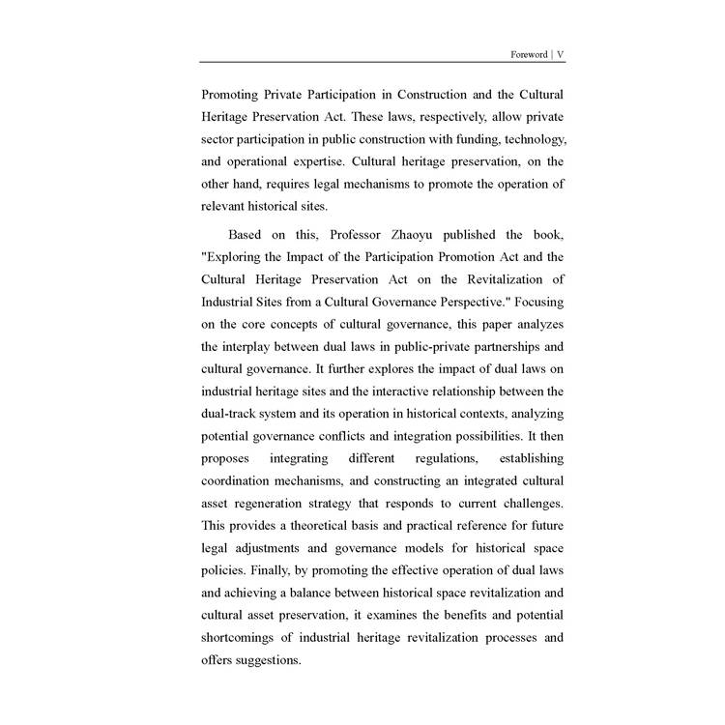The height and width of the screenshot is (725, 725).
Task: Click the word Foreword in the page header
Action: [528, 54]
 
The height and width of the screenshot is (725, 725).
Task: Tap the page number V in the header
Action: [561, 54]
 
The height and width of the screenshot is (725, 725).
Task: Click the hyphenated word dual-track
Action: [231, 413]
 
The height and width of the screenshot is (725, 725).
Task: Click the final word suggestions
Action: [267, 659]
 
